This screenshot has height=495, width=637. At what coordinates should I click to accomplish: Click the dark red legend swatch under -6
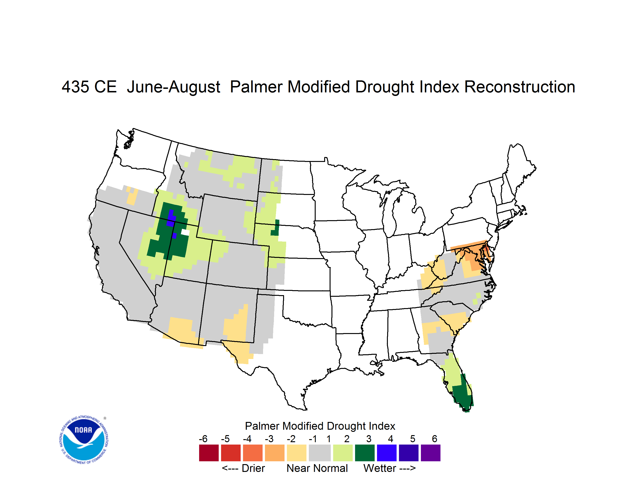pos(209,453)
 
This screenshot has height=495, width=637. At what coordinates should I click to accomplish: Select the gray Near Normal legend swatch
pos(320,453)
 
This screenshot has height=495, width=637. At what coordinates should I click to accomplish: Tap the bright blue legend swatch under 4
pos(387,453)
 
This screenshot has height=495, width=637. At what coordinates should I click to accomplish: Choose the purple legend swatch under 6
pos(431,453)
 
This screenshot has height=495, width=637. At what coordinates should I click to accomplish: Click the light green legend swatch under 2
pos(343,453)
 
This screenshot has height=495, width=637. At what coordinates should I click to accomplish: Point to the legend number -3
pos(269,439)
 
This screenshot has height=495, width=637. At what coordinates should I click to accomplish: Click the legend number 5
pos(413,439)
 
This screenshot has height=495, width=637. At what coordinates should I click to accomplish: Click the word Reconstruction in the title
pos(520,87)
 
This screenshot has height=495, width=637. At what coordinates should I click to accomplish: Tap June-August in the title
pos(174,87)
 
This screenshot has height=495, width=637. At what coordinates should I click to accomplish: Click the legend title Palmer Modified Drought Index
pos(320,426)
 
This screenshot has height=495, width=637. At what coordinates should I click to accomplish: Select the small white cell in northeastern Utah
pos(185,232)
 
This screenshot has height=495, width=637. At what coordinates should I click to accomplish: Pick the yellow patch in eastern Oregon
pos(132,196)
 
